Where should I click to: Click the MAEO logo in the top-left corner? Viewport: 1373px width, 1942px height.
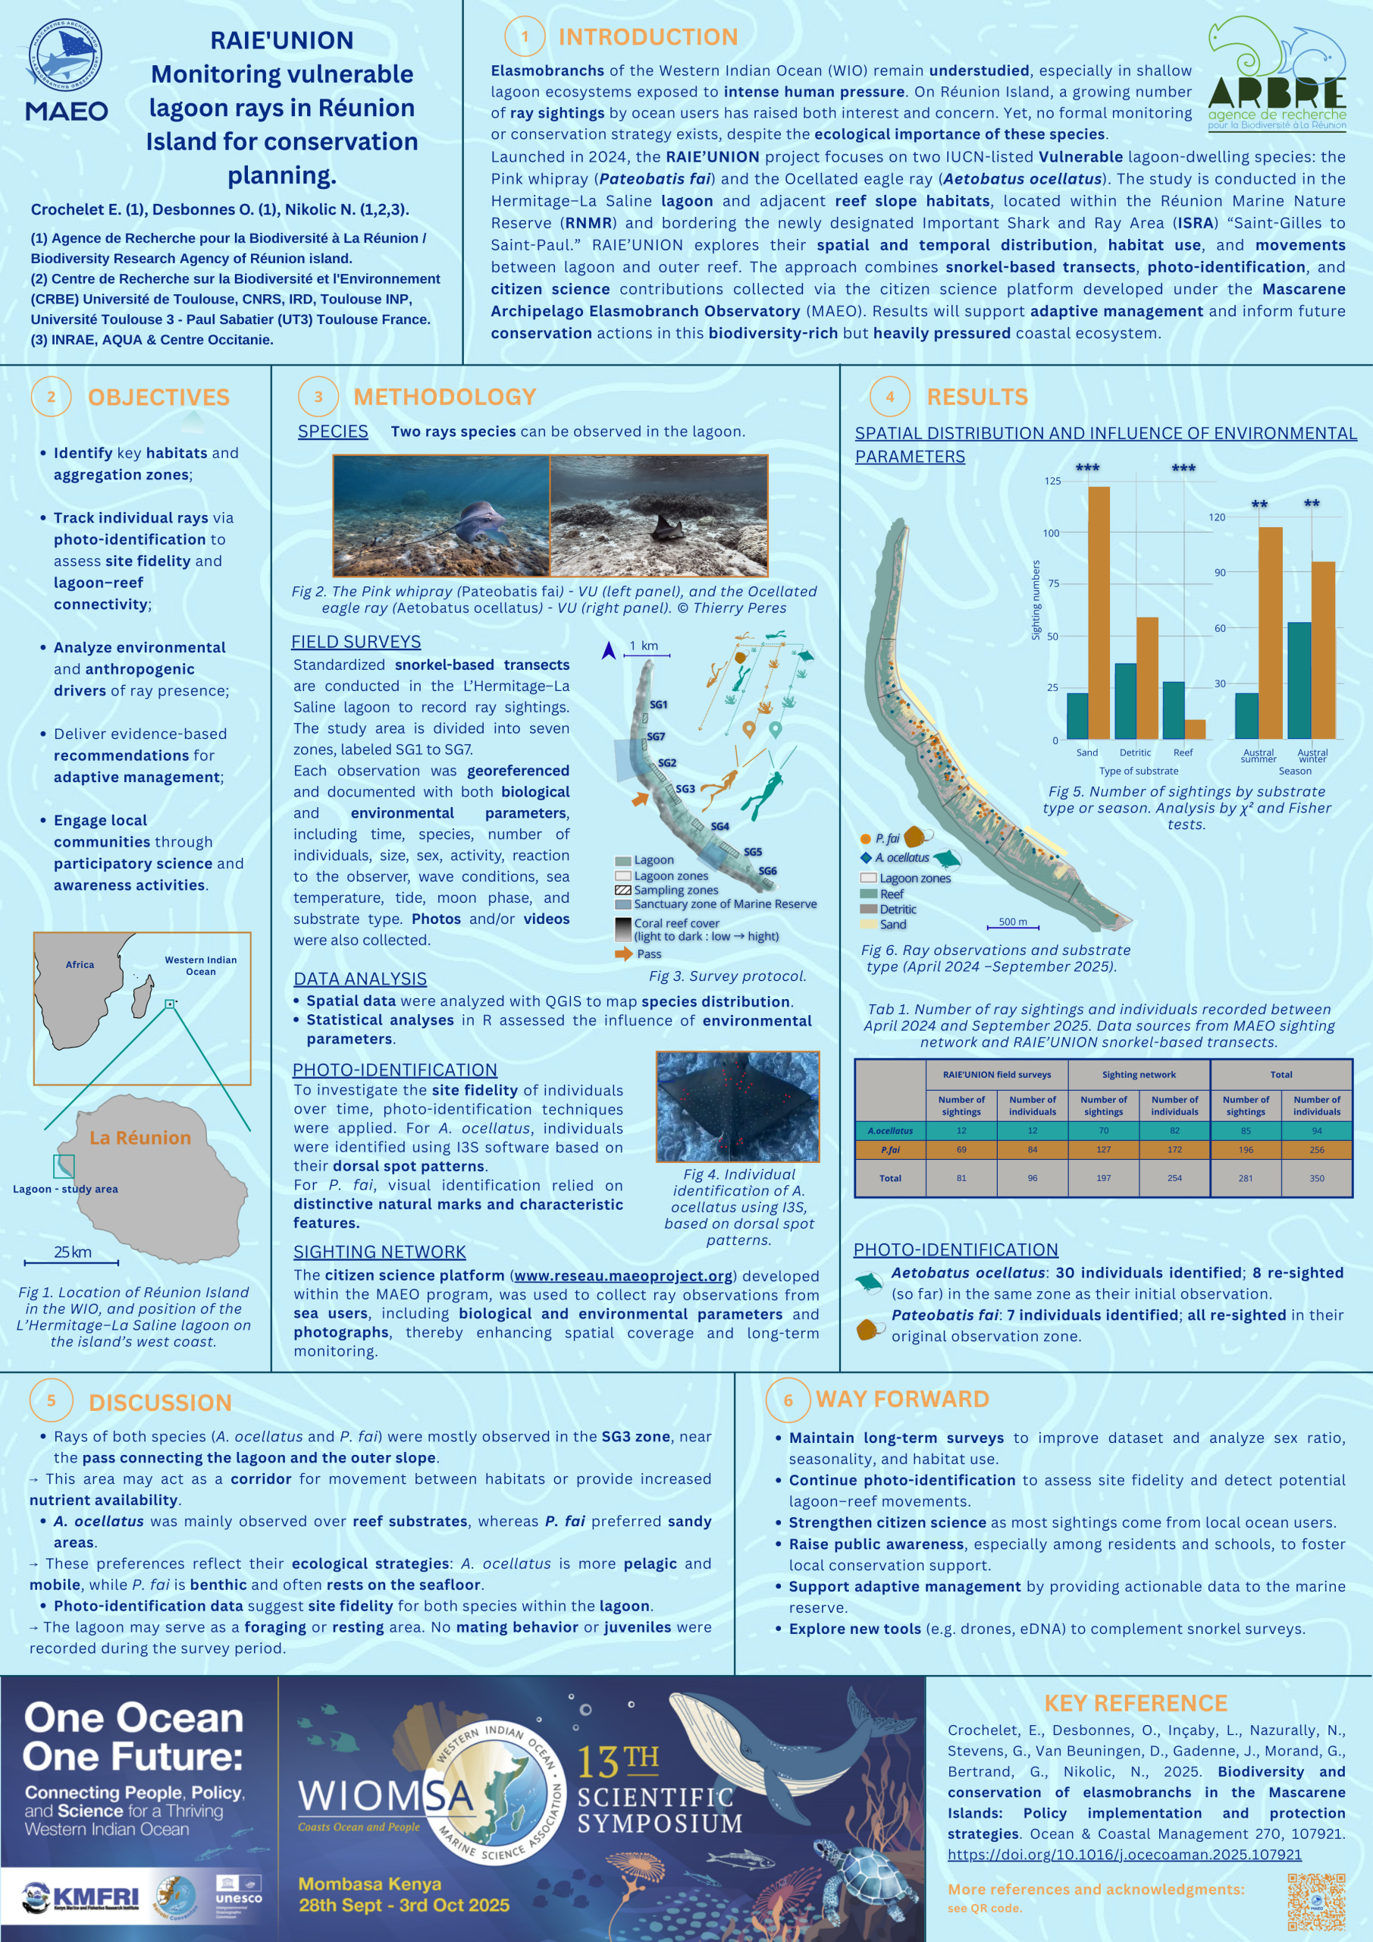point(66,71)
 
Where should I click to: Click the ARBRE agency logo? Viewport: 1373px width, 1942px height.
point(1277,76)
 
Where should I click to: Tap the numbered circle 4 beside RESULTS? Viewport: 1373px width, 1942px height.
point(889,397)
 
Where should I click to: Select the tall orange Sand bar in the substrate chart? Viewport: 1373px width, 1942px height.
point(1099,612)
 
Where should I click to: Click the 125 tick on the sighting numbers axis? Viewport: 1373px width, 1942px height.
point(1052,481)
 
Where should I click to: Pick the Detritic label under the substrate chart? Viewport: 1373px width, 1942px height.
point(1135,753)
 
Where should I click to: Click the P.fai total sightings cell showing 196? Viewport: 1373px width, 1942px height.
point(1246,1149)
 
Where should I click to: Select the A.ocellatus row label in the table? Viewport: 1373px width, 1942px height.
point(890,1131)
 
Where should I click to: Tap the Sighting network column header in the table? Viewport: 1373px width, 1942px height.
point(1139,1074)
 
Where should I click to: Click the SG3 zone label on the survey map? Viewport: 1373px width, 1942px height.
point(685,789)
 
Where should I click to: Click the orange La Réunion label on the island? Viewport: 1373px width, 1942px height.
point(140,1138)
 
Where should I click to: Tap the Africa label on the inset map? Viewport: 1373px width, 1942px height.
point(80,964)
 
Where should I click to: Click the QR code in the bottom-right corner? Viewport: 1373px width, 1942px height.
point(1315,1901)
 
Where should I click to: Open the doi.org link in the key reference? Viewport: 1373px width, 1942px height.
point(1124,1854)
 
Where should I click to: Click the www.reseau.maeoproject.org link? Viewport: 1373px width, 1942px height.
point(623,1275)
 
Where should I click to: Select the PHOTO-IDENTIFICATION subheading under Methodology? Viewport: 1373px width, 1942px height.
point(395,1070)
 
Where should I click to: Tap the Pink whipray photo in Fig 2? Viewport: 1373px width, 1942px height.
point(441,516)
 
